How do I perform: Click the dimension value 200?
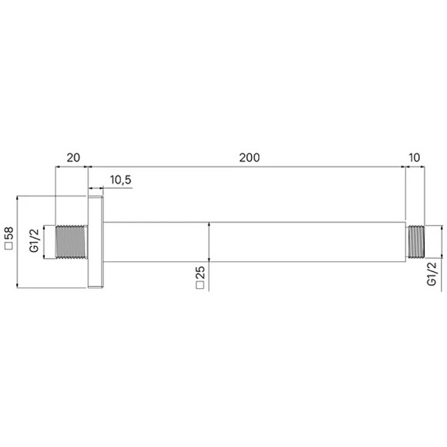point(249,158)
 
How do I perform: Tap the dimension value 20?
point(73,158)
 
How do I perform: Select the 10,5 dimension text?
point(120,180)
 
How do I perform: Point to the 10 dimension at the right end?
point(414,158)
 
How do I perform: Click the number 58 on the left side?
point(9,234)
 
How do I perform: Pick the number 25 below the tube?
point(200,273)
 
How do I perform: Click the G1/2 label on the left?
point(34,240)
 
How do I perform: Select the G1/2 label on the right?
point(432,274)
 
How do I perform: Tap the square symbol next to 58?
point(9,246)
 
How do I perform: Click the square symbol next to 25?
point(200,285)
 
